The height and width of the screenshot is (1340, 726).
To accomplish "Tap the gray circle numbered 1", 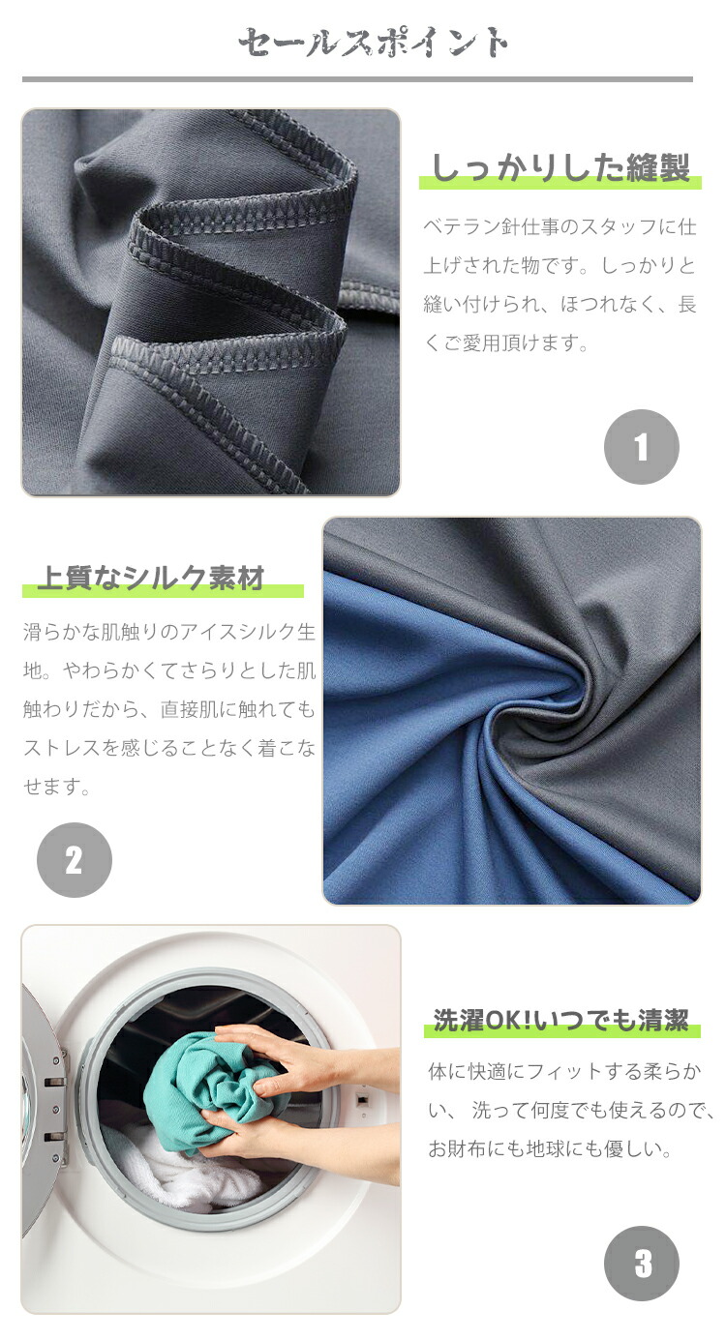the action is (641, 446).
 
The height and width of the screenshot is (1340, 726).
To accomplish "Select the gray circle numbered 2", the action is (75, 860).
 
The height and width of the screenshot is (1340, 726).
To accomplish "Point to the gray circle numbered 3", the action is (642, 1264).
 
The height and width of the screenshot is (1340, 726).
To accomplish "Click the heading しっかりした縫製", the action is (560, 167).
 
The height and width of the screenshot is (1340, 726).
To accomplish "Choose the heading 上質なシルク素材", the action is (151, 578).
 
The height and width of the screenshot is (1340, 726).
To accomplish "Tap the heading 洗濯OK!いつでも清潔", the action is (560, 1020).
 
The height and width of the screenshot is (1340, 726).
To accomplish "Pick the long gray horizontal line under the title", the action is (357, 79).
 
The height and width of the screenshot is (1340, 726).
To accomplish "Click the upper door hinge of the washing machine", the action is (54, 1081).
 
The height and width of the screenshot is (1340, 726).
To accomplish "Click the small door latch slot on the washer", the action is (362, 1098).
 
